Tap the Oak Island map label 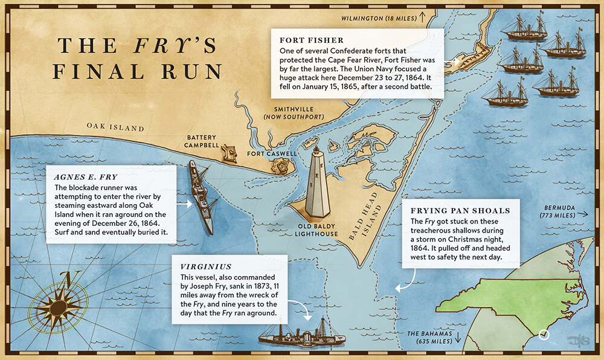click(x=115, y=127)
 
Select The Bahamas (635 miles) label click(x=429, y=337)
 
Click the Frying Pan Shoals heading click(x=460, y=211)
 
